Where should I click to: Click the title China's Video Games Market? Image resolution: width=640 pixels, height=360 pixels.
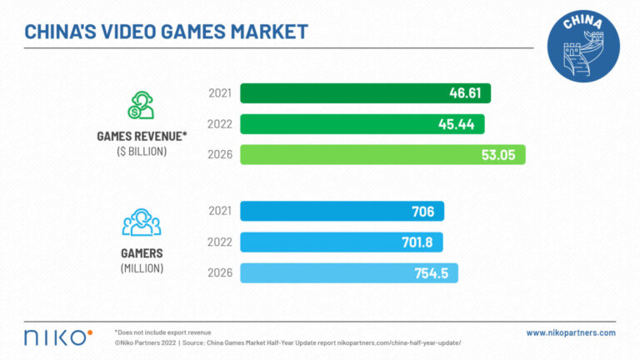click(166, 32)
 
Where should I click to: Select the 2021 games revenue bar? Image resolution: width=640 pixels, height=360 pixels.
click(365, 93)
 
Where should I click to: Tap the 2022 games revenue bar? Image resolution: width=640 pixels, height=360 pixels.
click(362, 124)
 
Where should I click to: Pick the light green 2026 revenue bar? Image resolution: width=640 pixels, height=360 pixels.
click(382, 155)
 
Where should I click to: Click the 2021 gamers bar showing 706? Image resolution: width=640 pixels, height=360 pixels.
click(342, 212)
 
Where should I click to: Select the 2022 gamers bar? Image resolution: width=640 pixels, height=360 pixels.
click(341, 242)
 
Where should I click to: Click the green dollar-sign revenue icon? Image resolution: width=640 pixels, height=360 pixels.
click(141, 104)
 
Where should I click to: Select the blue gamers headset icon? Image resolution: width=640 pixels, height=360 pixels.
click(141, 222)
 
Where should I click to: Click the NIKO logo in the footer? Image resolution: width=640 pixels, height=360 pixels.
click(57, 337)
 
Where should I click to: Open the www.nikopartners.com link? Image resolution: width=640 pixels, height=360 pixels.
click(571, 332)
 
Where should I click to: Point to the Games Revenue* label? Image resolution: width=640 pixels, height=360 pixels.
click(141, 137)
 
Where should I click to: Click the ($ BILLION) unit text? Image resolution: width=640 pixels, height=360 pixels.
click(141, 151)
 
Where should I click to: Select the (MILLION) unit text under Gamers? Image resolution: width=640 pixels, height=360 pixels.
click(141, 268)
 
